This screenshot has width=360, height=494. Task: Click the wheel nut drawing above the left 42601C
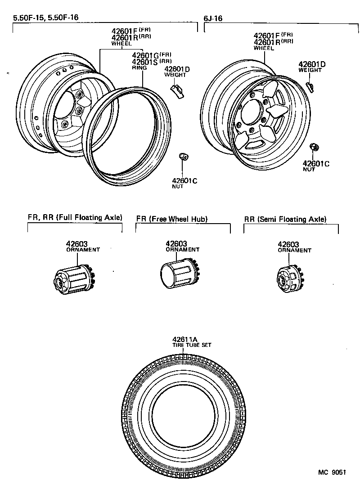click(x=183, y=156)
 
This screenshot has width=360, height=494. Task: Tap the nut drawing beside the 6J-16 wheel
click(x=314, y=147)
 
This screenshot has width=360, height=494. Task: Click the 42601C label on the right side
click(x=316, y=163)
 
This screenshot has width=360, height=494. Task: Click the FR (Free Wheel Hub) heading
click(x=171, y=219)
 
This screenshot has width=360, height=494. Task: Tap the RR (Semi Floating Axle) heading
click(x=285, y=220)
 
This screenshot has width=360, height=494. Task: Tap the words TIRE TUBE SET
click(x=192, y=346)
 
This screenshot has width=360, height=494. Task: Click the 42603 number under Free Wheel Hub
click(x=175, y=243)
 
